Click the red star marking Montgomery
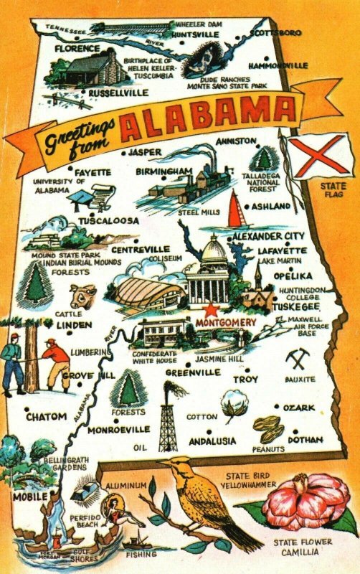(x=211, y=311)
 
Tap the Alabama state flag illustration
(x=313, y=154)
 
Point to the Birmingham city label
(x=165, y=171)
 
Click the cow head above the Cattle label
(x=82, y=296)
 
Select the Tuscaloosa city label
(x=108, y=221)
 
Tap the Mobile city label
(x=29, y=496)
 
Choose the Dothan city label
(x=306, y=438)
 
